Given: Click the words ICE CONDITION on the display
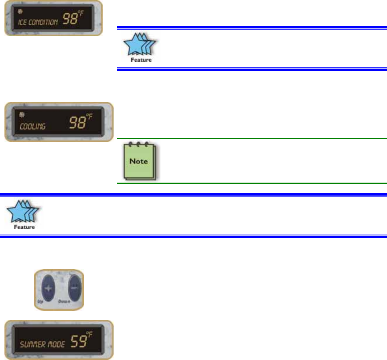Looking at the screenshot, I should [x=38, y=22].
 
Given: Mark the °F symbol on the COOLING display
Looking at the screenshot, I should [x=89, y=117].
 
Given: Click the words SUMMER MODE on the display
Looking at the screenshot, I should [x=39, y=345].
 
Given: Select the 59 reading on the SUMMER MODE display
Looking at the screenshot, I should [x=76, y=342].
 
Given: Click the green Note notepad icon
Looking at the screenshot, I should [x=139, y=162].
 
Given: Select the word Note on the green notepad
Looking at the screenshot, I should [x=139, y=161].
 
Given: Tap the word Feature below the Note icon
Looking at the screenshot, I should [x=24, y=227].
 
